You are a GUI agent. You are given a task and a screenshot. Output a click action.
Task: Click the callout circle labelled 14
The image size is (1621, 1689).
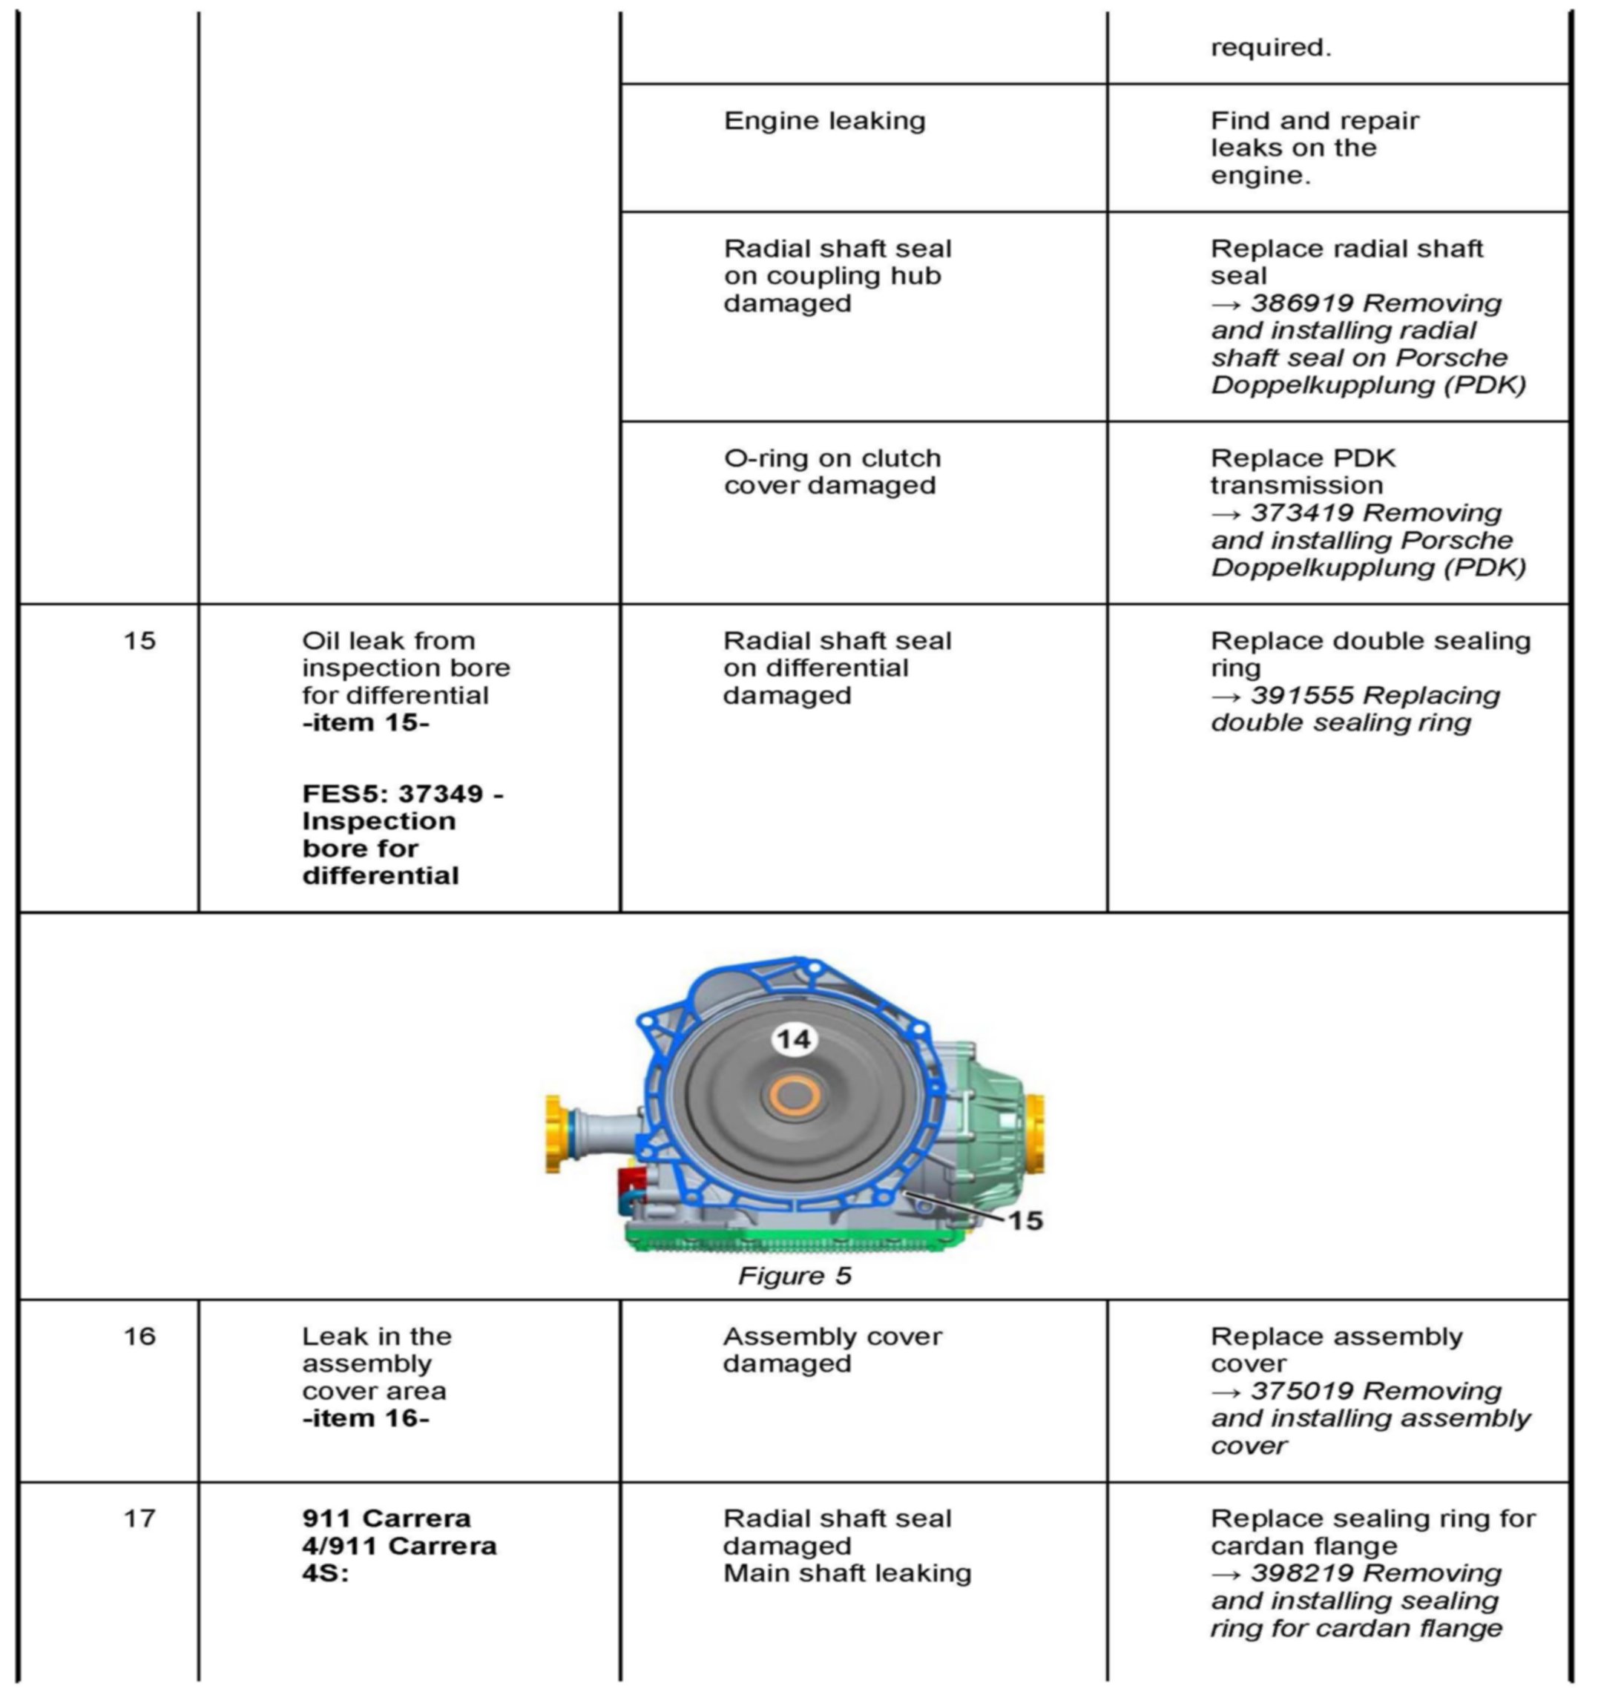793,1039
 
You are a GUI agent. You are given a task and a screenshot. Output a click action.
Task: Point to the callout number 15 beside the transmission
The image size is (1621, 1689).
1025,1220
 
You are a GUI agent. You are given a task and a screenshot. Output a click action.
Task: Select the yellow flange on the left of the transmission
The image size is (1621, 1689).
554,1133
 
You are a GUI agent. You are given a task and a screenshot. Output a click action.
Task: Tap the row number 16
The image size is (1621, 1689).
139,1337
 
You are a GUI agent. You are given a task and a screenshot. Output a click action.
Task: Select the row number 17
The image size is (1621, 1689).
139,1518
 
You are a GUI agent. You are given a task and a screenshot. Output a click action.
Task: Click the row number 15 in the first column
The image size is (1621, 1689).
139,640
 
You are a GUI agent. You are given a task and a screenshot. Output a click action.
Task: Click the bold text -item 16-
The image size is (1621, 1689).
366,1418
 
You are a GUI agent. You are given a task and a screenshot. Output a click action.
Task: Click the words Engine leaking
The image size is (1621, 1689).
824,121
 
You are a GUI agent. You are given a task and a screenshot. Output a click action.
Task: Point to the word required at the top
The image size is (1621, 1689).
1270,47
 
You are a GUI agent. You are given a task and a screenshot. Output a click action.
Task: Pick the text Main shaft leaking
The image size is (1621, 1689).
846,1573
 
